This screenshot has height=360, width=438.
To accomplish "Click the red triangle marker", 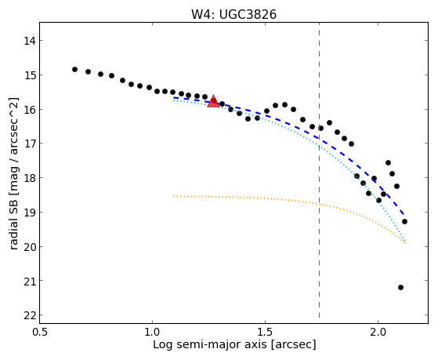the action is coord(213,101).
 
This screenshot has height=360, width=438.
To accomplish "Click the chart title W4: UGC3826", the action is coord(233,15).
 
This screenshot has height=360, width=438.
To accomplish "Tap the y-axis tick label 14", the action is coord(30,41).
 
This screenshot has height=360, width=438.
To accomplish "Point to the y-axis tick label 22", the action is coord(30,315).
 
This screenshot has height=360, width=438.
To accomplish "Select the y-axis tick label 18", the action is coord(30,178).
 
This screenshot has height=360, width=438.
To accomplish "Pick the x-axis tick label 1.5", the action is coord(265,332).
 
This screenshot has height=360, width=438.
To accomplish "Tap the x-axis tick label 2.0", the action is coord(378,332).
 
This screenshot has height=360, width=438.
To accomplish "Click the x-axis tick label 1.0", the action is coord(152,332).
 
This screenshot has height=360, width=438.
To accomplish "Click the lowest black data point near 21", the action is coord(400,287).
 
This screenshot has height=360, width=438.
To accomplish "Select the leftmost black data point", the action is coord(74,69).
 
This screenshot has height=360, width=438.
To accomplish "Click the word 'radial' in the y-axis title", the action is coord(13,235).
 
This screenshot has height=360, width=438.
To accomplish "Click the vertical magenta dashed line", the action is coord(319,170).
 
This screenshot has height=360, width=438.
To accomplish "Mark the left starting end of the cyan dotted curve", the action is coord(174,100).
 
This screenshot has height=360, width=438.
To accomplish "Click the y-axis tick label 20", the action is coord(30,247).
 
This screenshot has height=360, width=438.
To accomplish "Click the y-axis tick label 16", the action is coord(30,109).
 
